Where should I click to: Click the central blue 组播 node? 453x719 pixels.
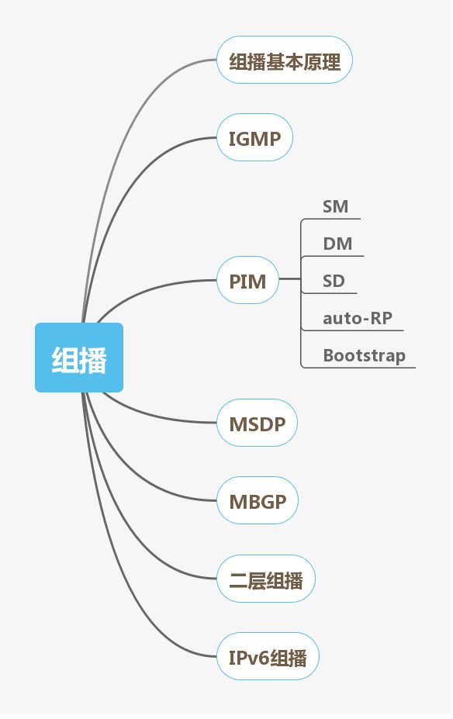point(79,358)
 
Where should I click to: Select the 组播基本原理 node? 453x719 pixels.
point(285,60)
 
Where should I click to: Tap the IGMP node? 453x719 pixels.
point(254,138)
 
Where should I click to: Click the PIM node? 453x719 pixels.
point(247,280)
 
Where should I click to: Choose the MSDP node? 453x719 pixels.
point(257,423)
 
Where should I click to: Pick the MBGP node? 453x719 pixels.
point(258,501)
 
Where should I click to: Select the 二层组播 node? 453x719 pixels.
point(265,579)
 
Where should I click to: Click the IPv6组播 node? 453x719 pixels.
point(268,658)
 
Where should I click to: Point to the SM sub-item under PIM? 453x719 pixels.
point(335,206)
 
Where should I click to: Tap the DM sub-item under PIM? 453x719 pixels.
point(337,244)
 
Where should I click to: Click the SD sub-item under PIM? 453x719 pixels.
point(334,281)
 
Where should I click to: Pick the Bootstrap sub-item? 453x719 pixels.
point(364,355)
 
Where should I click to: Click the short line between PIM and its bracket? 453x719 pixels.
point(289,278)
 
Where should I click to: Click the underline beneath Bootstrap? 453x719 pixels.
point(365,367)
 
